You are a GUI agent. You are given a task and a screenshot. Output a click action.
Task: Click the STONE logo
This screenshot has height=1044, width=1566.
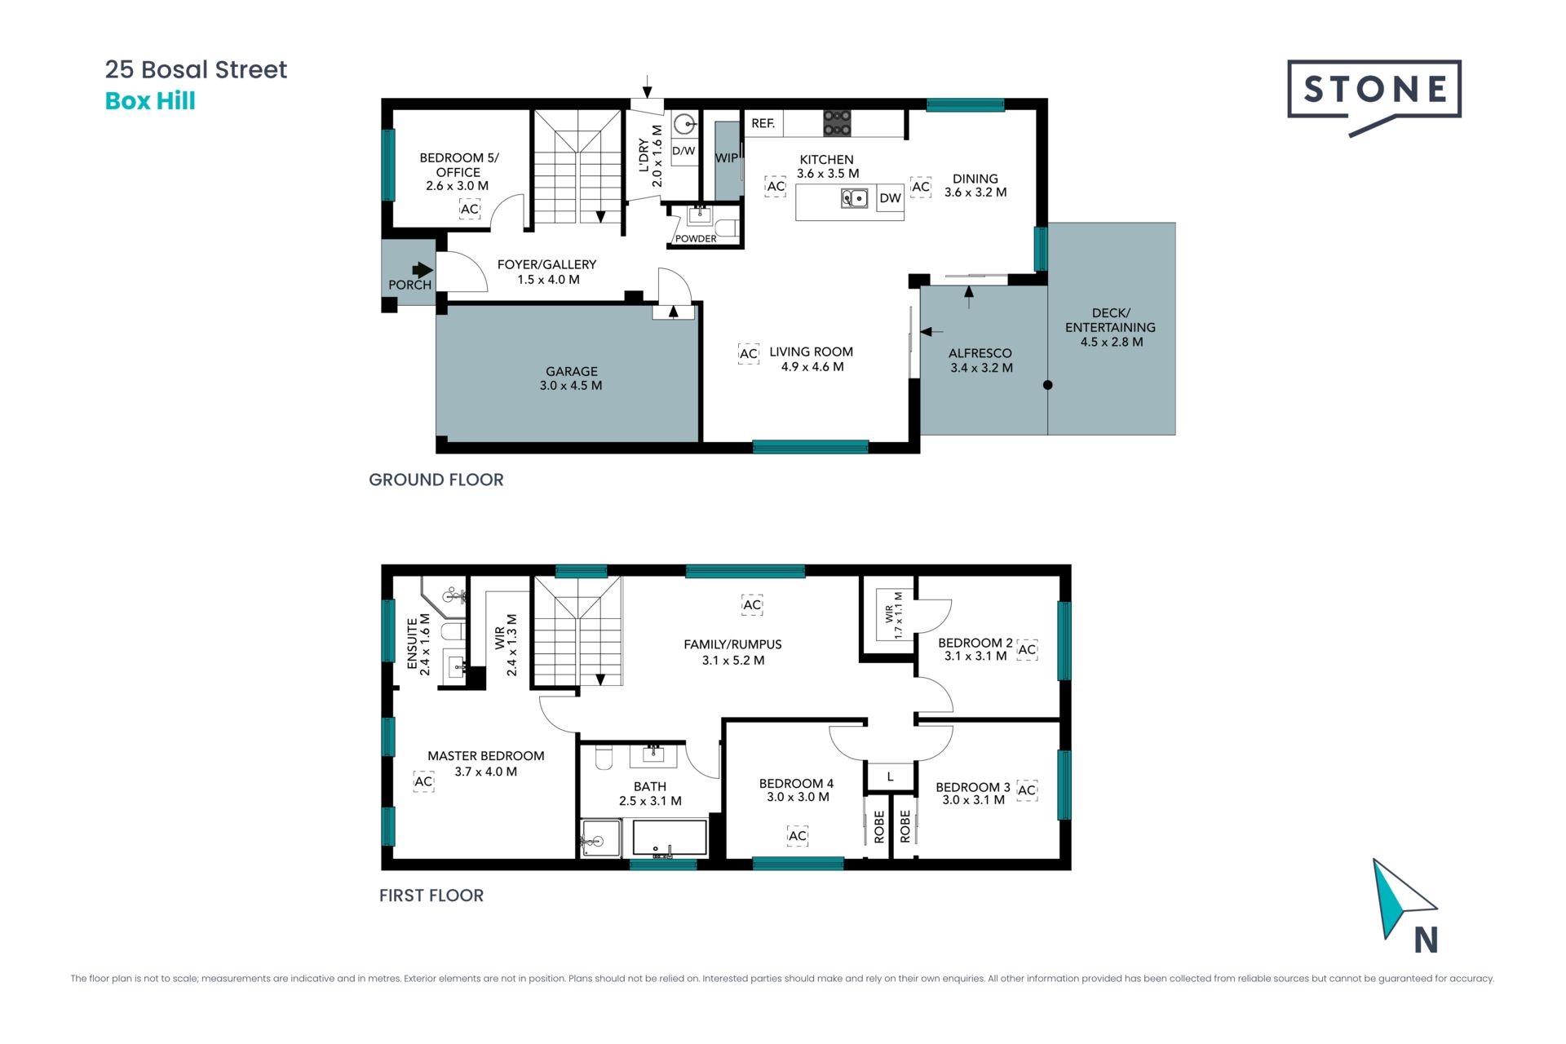pyautogui.click(x=1374, y=96)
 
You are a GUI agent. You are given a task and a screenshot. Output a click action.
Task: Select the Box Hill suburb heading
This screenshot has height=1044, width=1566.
pyautogui.click(x=150, y=101)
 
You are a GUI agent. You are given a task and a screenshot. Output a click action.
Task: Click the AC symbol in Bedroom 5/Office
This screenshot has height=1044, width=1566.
pyautogui.click(x=470, y=210)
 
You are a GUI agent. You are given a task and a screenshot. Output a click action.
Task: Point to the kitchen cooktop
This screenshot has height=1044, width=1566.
pyautogui.click(x=837, y=123)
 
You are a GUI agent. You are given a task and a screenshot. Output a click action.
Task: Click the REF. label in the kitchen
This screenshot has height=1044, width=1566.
pyautogui.click(x=763, y=123)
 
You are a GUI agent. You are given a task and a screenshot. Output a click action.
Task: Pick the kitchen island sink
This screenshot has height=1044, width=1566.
pyautogui.click(x=854, y=198)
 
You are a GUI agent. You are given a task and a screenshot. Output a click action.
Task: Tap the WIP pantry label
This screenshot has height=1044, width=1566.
pyautogui.click(x=726, y=158)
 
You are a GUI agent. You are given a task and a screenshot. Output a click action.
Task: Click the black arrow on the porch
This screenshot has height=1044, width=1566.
pyautogui.click(x=422, y=270)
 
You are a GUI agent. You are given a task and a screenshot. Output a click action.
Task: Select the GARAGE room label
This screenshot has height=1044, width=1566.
pyautogui.click(x=572, y=371)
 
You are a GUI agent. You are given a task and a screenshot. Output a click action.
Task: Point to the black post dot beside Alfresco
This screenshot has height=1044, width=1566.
pyautogui.click(x=1048, y=385)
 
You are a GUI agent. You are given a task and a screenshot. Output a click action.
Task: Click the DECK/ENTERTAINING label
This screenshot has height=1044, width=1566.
pyautogui.click(x=1110, y=320)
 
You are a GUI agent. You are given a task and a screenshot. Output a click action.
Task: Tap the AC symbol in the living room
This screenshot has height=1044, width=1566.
pyautogui.click(x=749, y=353)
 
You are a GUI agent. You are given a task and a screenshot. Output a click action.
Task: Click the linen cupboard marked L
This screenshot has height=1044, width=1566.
pyautogui.click(x=890, y=776)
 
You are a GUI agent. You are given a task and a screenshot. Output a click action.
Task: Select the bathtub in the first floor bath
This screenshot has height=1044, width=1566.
pyautogui.click(x=670, y=838)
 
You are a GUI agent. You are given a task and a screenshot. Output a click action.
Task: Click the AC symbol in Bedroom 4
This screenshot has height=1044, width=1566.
pyautogui.click(x=798, y=836)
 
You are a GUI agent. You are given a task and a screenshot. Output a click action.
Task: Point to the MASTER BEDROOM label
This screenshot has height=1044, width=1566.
pyautogui.click(x=486, y=756)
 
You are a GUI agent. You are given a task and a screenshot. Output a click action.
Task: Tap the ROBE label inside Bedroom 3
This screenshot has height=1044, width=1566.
pyautogui.click(x=905, y=826)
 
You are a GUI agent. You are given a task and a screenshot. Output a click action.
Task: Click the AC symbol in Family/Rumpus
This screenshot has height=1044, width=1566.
pyautogui.click(x=752, y=604)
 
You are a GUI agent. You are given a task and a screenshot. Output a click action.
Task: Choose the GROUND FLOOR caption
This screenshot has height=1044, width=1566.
pyautogui.click(x=436, y=480)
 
